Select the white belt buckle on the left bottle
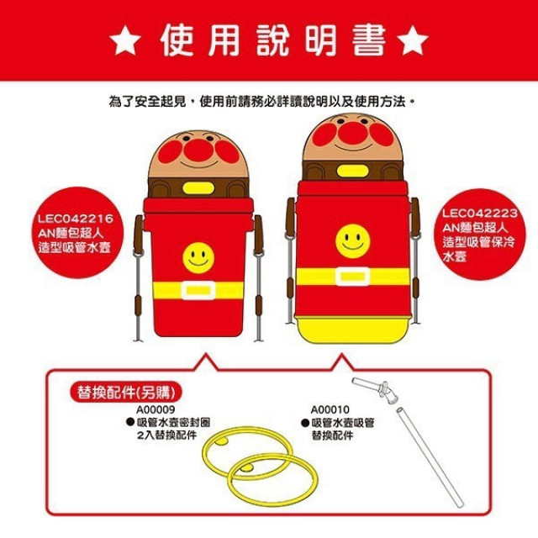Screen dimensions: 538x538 199,292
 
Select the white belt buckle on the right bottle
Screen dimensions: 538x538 353,277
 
